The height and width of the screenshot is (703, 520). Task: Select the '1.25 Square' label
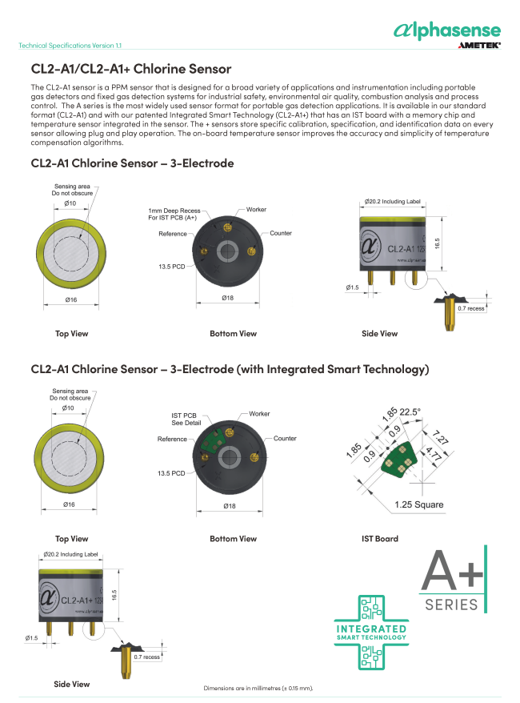418,504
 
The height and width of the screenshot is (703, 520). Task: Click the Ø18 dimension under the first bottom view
229,298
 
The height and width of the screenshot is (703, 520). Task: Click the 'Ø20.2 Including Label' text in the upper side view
392,203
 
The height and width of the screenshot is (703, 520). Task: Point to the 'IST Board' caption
379,539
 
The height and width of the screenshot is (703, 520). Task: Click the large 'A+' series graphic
452,572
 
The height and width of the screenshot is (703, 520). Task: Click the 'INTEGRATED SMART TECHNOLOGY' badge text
370,633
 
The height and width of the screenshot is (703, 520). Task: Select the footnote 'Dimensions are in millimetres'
258,689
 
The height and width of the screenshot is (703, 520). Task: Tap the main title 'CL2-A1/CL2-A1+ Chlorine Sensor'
130,70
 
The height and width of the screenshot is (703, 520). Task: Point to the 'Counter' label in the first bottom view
281,233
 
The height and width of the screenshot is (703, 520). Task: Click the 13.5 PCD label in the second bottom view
171,473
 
